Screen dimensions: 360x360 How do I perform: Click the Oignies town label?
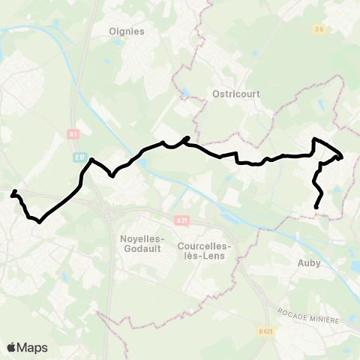[x=126, y=31]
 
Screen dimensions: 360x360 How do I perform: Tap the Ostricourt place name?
[x=229, y=97]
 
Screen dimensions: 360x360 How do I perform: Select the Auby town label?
[x=309, y=262]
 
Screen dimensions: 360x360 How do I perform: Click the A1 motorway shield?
[x=73, y=134]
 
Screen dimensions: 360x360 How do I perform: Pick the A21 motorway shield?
[x=181, y=220]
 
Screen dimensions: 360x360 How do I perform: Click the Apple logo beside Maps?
[x=12, y=347]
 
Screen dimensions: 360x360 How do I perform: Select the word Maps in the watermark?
[x=33, y=347]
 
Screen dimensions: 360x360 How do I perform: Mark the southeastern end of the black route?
[x=316, y=207]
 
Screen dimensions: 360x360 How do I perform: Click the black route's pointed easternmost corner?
[x=342, y=157]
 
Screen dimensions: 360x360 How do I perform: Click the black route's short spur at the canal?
[x=187, y=137]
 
